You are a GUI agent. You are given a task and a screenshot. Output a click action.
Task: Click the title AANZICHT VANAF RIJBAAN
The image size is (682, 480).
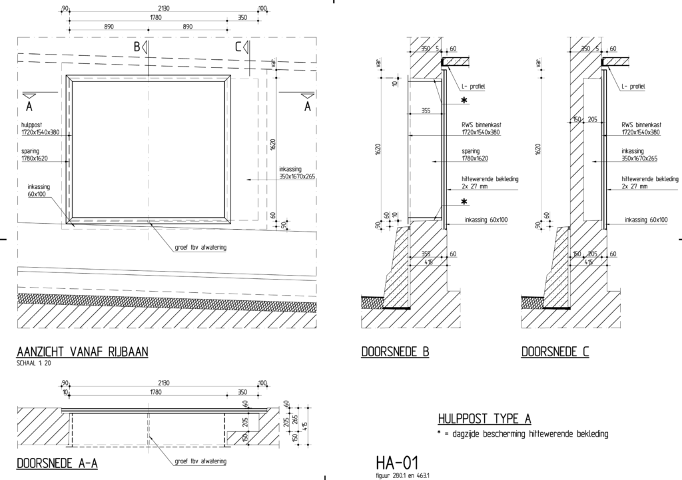82,352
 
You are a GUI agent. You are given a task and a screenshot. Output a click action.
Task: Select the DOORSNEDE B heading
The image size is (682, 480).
395,352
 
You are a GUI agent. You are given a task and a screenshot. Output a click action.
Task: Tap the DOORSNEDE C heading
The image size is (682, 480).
555,352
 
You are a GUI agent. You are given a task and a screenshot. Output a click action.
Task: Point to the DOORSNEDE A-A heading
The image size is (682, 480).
57,463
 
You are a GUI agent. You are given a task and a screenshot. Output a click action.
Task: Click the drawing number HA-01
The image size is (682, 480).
398,462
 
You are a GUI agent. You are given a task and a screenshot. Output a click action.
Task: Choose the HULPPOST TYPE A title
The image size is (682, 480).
484,419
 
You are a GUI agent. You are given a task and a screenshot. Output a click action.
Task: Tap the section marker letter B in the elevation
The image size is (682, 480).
137,47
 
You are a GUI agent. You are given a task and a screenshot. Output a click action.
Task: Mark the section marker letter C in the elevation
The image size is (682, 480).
238,47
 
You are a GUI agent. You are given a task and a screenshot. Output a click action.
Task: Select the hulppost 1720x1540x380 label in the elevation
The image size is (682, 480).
41,128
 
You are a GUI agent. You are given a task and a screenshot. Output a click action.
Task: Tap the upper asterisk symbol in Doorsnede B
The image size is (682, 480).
464,101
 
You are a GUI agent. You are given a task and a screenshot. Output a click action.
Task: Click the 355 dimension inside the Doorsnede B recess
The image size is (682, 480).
426,112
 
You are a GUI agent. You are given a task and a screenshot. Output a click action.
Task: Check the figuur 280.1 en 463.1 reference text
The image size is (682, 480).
404,475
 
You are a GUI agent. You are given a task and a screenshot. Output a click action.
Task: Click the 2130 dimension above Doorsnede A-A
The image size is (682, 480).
164,383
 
